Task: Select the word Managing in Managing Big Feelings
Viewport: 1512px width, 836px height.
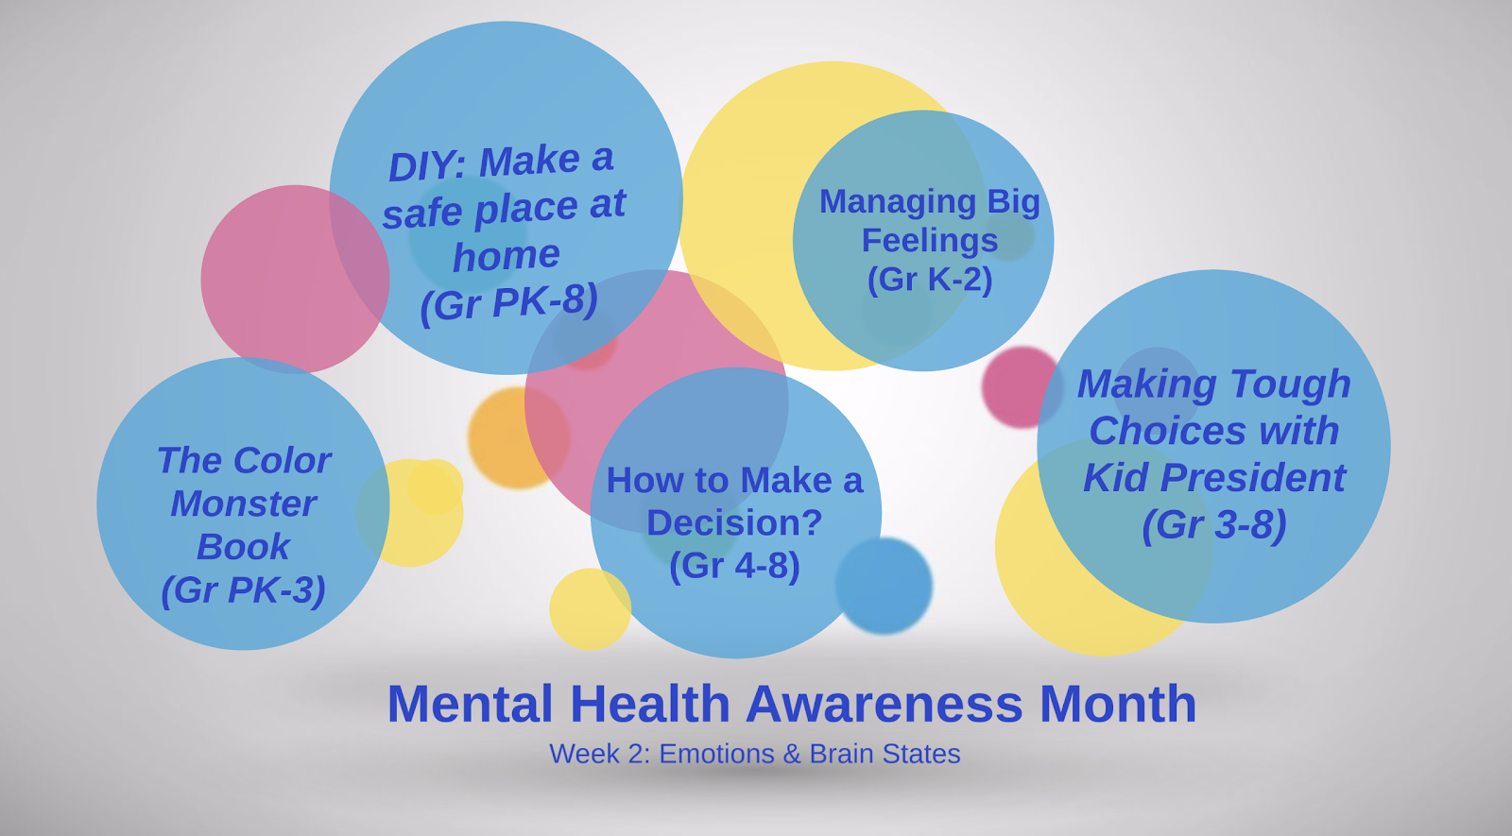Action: pyautogui.click(x=897, y=202)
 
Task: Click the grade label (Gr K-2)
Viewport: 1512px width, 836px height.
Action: pyautogui.click(x=930, y=280)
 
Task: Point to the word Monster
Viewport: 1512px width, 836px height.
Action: pyautogui.click(x=244, y=503)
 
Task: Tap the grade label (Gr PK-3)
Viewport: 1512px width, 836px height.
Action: pyautogui.click(x=244, y=590)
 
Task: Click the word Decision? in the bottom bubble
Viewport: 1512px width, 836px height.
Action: pyautogui.click(x=734, y=523)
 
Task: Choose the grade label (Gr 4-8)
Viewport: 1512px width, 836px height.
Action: pyautogui.click(x=734, y=566)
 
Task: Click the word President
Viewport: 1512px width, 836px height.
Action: pyautogui.click(x=1253, y=478)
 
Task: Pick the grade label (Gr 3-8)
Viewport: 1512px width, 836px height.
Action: pyautogui.click(x=1214, y=525)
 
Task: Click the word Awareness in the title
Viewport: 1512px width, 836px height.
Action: pyautogui.click(x=885, y=704)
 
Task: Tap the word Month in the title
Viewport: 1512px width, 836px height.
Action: pyautogui.click(x=1118, y=704)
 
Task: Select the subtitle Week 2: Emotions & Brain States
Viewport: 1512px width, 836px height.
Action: pyautogui.click(x=755, y=754)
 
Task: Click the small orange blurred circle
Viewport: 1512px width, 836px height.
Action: pyautogui.click(x=519, y=438)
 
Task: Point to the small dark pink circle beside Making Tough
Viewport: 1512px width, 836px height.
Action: pyautogui.click(x=1022, y=387)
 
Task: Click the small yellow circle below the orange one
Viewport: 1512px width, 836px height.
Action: pyautogui.click(x=590, y=609)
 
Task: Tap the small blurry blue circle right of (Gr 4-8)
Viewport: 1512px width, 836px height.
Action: pyautogui.click(x=884, y=586)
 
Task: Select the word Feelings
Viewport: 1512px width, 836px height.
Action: pyautogui.click(x=930, y=241)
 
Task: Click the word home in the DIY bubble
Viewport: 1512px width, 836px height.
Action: pyautogui.click(x=507, y=256)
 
